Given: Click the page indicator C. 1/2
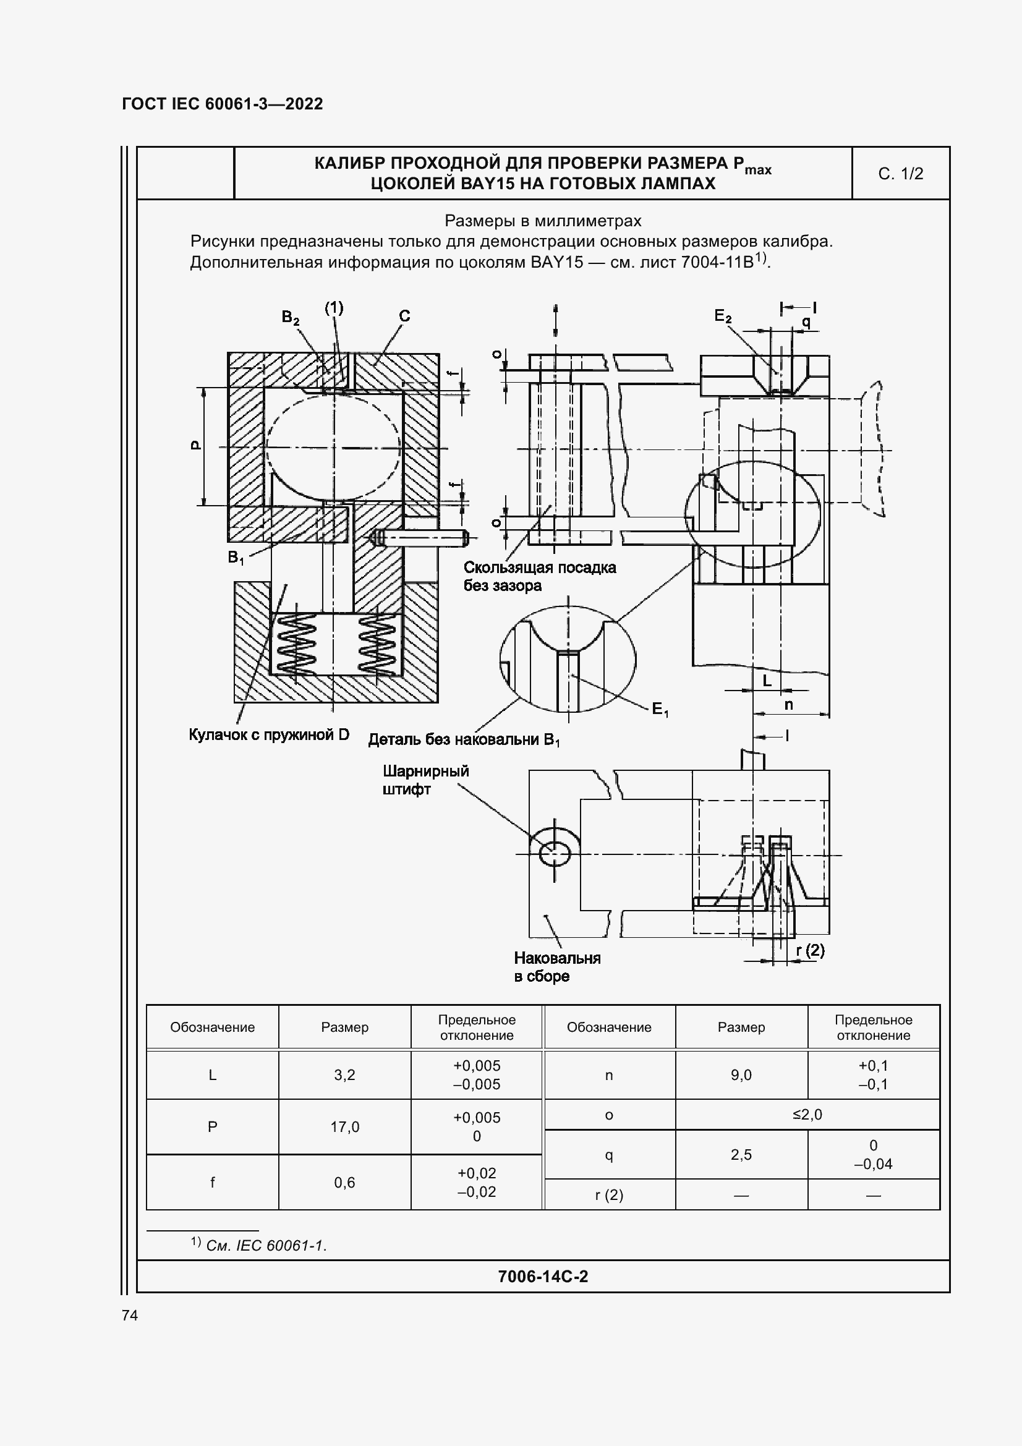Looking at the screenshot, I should pyautogui.click(x=900, y=174).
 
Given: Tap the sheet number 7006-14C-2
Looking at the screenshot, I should pyautogui.click(x=543, y=1276).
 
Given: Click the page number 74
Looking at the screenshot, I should pyautogui.click(x=130, y=1315).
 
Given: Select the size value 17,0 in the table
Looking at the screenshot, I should pyautogui.click(x=344, y=1127).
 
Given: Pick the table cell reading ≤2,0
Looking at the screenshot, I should pyautogui.click(x=807, y=1114).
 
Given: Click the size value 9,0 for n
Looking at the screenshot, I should pyautogui.click(x=741, y=1075).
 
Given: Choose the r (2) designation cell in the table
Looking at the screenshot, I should pyautogui.click(x=609, y=1195).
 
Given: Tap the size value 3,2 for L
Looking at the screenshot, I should pyautogui.click(x=344, y=1075).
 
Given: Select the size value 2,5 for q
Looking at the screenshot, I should pyautogui.click(x=741, y=1154).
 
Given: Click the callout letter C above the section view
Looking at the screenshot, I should pyautogui.click(x=404, y=316).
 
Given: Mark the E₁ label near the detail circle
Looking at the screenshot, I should pyautogui.click(x=659, y=710).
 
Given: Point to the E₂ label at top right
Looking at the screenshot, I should pyautogui.click(x=723, y=317).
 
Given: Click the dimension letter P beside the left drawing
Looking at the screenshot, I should pyautogui.click(x=196, y=445).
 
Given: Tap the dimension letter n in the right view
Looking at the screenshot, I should pyautogui.click(x=788, y=705).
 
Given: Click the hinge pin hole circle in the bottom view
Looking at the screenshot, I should pyautogui.click(x=555, y=854).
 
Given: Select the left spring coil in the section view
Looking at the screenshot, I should pyautogui.click(x=296, y=644).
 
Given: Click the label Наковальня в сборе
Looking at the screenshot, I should pyautogui.click(x=557, y=967).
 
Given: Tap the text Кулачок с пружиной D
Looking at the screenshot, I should pyautogui.click(x=269, y=735).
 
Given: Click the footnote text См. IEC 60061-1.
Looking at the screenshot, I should pyautogui.click(x=266, y=1245).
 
